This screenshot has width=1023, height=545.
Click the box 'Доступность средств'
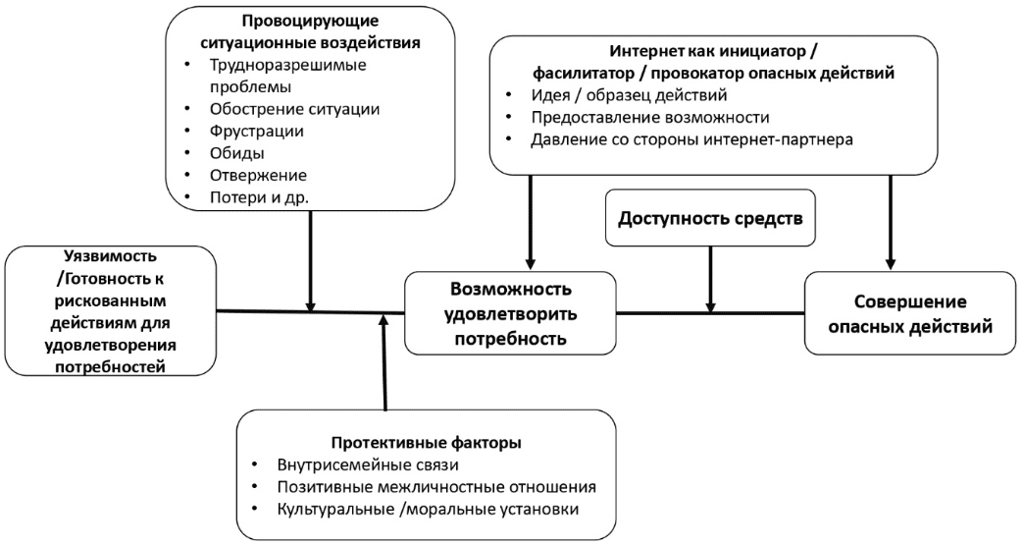tap(711, 217)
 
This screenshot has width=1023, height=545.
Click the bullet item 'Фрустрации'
tap(257, 131)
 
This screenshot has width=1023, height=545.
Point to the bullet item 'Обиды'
tap(237, 153)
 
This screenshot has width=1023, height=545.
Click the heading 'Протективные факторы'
tap(426, 443)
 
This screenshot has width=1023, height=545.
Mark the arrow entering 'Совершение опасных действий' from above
tap(890, 221)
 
